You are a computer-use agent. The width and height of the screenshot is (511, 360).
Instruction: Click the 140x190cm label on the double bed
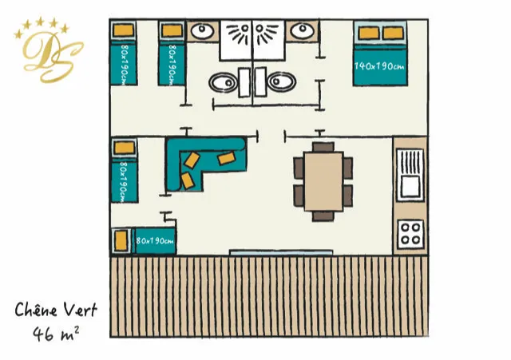(x=379, y=66)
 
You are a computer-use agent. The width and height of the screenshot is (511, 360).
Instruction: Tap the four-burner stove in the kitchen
(x=410, y=234)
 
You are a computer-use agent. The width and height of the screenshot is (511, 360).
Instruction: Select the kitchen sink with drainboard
(x=410, y=175)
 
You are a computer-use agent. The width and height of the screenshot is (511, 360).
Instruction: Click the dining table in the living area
(x=323, y=181)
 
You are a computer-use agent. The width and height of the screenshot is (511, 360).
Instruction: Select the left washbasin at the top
(x=202, y=31)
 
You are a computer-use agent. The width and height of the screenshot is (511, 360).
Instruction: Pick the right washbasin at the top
(x=303, y=31)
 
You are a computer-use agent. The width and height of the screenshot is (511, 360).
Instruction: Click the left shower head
(x=240, y=33)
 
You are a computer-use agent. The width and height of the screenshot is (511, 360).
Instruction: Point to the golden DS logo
(x=49, y=50)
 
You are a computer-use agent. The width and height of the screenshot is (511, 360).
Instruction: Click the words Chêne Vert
(x=56, y=310)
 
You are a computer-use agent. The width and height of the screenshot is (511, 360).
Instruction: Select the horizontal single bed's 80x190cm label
(x=155, y=241)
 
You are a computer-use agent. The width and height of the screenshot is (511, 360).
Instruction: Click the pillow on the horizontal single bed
(x=121, y=240)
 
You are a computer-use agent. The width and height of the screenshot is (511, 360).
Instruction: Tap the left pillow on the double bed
(x=369, y=33)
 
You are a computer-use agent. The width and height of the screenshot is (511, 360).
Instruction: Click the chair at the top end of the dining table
(x=323, y=147)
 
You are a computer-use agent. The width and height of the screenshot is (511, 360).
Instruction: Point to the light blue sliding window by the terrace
(x=281, y=252)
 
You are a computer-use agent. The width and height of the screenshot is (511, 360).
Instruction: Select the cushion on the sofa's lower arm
(x=188, y=181)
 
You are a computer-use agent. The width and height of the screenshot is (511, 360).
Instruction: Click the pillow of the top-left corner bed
(x=123, y=30)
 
